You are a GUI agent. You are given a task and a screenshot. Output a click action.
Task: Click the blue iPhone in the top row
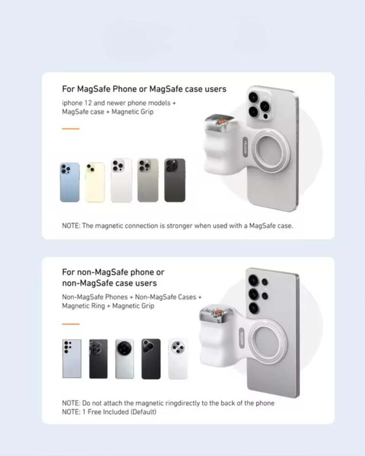[69, 182]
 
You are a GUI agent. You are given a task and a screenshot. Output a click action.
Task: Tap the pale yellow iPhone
[95, 182]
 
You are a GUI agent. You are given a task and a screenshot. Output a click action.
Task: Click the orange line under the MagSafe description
[70, 129]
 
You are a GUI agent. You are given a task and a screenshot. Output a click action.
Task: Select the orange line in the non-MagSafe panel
[70, 324]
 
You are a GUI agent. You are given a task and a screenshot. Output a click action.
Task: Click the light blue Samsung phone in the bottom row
[72, 358]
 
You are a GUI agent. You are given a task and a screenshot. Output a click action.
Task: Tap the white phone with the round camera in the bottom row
[177, 358]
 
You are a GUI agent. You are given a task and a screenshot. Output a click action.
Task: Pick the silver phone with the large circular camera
[125, 358]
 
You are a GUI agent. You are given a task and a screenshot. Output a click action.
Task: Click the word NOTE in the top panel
[71, 226]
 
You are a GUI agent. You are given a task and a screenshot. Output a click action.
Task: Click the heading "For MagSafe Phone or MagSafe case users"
[144, 88]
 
